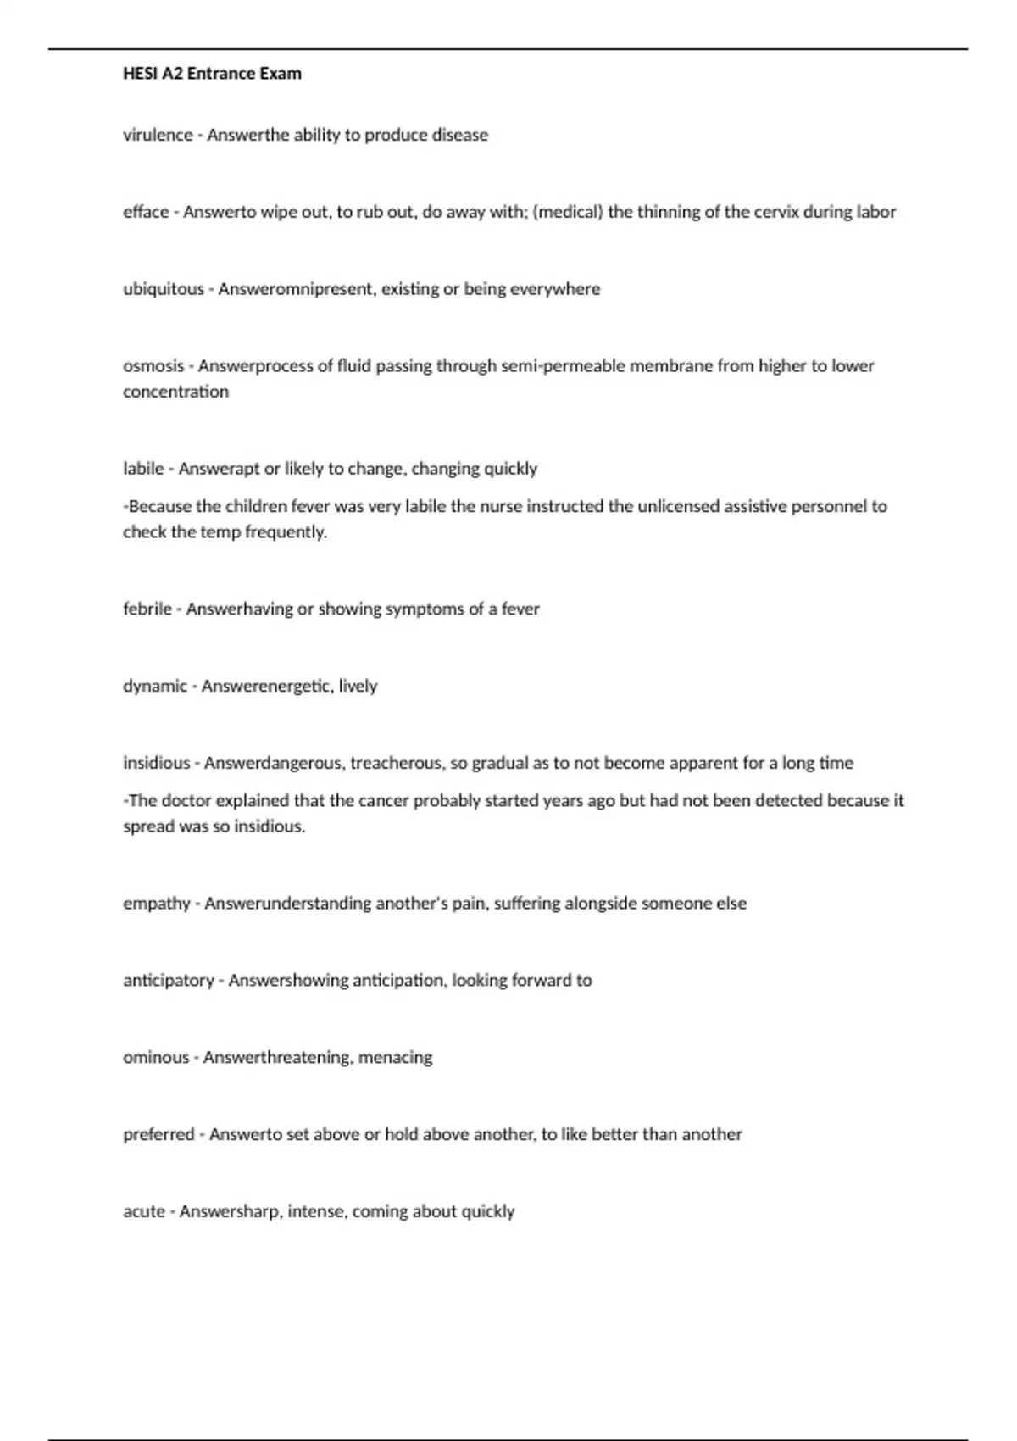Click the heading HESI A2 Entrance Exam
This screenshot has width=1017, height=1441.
[x=212, y=74]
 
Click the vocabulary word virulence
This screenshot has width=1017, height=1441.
[x=158, y=135]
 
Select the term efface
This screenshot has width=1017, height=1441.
[x=146, y=212]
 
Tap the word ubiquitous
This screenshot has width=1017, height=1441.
[x=164, y=289]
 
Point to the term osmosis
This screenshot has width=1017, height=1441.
[x=153, y=366]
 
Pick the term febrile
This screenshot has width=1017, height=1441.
[x=147, y=609]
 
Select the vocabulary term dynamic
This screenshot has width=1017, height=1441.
[x=155, y=686]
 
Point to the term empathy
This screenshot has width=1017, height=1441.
[x=157, y=903]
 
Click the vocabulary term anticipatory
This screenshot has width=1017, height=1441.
[x=169, y=980]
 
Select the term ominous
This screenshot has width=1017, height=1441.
[x=156, y=1057]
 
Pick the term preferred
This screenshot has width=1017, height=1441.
[x=158, y=1134]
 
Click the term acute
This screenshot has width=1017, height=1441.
[x=144, y=1211]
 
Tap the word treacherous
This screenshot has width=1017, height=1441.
[x=397, y=763]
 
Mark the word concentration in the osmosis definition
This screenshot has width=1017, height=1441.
[x=175, y=392]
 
